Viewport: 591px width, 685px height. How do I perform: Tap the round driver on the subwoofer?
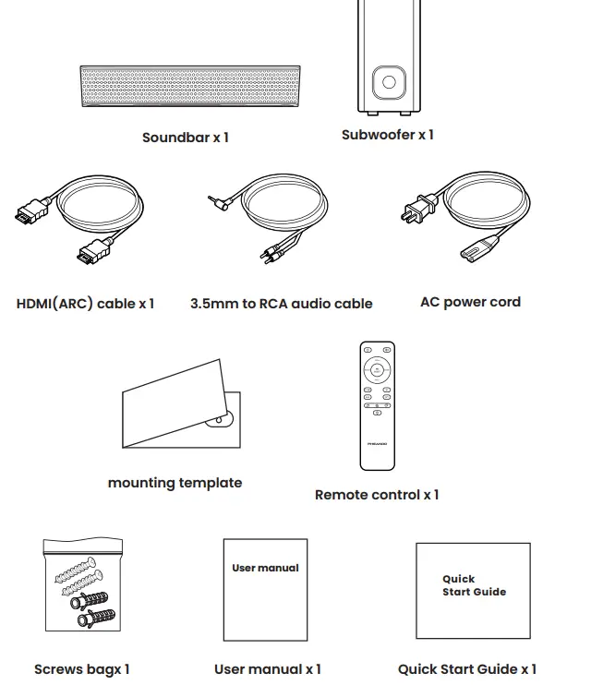click(x=389, y=82)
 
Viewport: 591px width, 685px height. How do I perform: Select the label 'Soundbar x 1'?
click(x=186, y=138)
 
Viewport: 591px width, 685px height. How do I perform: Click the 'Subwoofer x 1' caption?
click(x=387, y=135)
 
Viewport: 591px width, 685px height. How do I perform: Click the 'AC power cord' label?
click(x=470, y=302)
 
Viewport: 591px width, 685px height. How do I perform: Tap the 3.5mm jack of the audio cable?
click(x=216, y=198)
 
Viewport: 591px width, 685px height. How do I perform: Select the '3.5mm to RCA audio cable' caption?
click(x=282, y=303)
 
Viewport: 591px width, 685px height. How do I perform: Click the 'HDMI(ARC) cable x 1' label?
click(x=85, y=303)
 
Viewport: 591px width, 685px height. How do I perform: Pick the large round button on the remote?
click(x=377, y=371)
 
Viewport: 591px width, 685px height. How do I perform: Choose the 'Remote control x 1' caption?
click(x=377, y=495)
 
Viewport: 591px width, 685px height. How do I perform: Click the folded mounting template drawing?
click(x=180, y=403)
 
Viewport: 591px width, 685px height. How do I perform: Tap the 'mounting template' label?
click(x=175, y=483)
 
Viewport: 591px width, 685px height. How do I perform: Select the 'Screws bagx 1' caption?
click(x=82, y=669)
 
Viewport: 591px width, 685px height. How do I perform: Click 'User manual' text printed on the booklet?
click(x=265, y=568)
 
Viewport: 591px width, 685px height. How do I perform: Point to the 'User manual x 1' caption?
click(x=268, y=669)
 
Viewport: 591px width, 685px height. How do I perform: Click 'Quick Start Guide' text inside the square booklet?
click(x=474, y=585)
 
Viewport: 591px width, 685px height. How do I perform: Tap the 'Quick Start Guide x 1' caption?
click(x=467, y=669)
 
